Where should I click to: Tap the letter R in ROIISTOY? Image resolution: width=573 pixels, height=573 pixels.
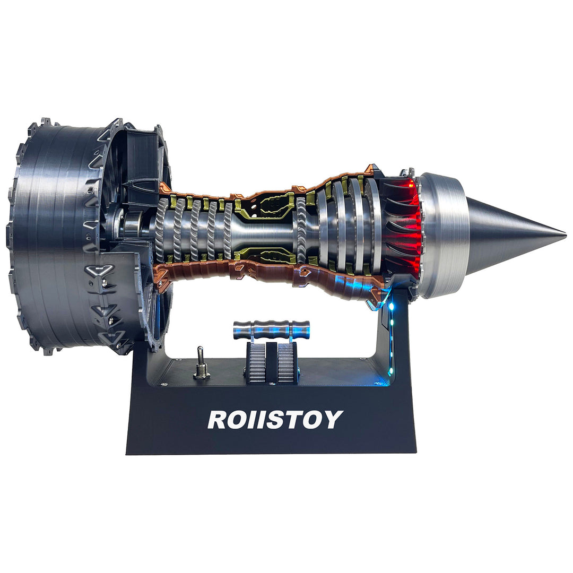coord(218,420)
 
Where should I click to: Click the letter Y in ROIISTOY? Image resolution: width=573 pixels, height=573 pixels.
coord(332,420)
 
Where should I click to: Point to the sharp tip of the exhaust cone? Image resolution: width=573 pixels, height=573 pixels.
coord(565,234)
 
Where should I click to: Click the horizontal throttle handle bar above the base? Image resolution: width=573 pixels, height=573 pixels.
coord(271,329)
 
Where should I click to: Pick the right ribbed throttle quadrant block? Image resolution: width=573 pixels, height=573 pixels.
coord(287,362)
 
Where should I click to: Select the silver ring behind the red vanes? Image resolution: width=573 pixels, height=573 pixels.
coord(443,233)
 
